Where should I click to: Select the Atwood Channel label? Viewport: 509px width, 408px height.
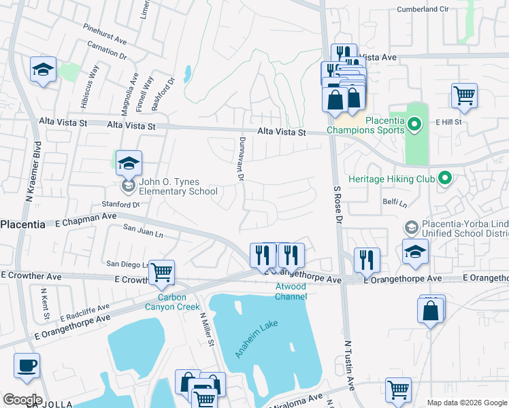[x=291, y=291]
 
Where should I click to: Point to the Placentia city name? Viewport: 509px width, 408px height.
[x=22, y=224]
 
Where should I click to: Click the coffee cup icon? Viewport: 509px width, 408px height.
[x=27, y=366]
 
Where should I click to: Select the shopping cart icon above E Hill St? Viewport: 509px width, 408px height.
[x=464, y=96]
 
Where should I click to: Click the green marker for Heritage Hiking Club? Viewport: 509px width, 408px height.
[x=446, y=178]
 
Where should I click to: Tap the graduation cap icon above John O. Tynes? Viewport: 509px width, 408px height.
[x=129, y=164]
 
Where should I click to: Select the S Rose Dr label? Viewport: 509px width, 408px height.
[x=337, y=204]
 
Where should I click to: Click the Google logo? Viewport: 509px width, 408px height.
[x=22, y=400]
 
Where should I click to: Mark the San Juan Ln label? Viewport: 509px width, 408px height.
[x=143, y=232]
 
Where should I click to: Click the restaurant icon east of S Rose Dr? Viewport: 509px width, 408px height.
[x=366, y=259]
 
